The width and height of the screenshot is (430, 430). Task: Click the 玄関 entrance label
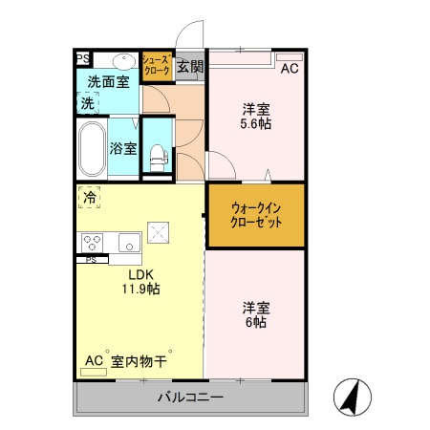189,67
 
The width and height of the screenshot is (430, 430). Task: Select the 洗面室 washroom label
108,82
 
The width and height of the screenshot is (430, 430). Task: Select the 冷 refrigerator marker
89,199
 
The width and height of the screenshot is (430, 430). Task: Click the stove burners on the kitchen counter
93,241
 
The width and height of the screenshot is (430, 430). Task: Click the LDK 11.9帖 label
139,281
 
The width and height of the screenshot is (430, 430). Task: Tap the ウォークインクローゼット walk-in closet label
255,214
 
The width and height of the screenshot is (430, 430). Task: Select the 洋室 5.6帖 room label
255,115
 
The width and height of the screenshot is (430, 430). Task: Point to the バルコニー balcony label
190,397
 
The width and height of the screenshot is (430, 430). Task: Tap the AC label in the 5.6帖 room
290,68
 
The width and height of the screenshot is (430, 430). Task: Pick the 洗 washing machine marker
87,102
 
